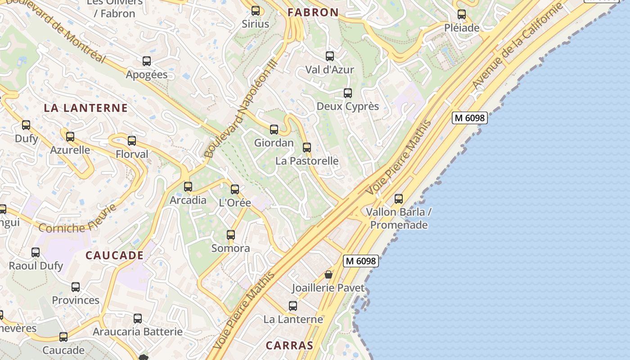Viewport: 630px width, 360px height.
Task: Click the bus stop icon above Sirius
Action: pyautogui.click(x=256, y=11)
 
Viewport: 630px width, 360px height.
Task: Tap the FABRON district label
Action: pyautogui.click(x=313, y=13)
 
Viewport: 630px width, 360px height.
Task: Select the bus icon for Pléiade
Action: pyautogui.click(x=462, y=14)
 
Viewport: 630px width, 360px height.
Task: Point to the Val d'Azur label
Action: pyautogui.click(x=329, y=70)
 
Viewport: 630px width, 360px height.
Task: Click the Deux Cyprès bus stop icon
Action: pyautogui.click(x=348, y=93)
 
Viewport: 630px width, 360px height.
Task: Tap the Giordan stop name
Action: pyautogui.click(x=274, y=143)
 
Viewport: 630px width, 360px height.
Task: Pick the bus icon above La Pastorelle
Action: pyautogui.click(x=307, y=148)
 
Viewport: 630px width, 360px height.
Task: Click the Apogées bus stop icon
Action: pyautogui.click(x=147, y=61)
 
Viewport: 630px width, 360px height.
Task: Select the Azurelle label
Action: pyautogui.click(x=70, y=150)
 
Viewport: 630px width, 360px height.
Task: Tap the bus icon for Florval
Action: pyautogui.click(x=132, y=141)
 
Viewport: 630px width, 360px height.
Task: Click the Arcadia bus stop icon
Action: pyautogui.click(x=188, y=187)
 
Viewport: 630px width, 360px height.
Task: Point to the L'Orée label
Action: pyautogui.click(x=235, y=203)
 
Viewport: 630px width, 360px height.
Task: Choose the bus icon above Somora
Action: pyautogui.click(x=231, y=235)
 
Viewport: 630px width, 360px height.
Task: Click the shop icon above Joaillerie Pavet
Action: pyautogui.click(x=328, y=274)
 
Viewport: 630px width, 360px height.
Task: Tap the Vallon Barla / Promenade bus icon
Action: pyautogui.click(x=399, y=199)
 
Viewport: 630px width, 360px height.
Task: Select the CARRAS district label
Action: pyautogui.click(x=289, y=346)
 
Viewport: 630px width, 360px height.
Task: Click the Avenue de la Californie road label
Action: pyautogui.click(x=517, y=46)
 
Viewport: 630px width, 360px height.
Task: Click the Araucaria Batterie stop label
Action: pyautogui.click(x=138, y=332)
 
